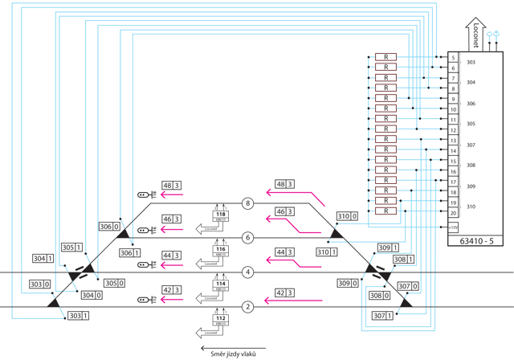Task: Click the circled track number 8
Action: (248, 203)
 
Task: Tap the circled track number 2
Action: (248, 306)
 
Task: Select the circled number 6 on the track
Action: (248, 238)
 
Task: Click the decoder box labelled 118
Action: (221, 215)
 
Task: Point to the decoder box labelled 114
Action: (221, 284)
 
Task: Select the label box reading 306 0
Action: (110, 227)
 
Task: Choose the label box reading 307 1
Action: (384, 316)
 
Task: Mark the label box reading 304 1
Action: (43, 259)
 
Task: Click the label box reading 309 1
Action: (389, 248)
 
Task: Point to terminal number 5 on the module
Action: (454, 58)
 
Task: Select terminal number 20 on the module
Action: (454, 213)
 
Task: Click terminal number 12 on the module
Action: (454, 130)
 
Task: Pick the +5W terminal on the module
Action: (454, 227)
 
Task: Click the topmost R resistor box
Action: (385, 57)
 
